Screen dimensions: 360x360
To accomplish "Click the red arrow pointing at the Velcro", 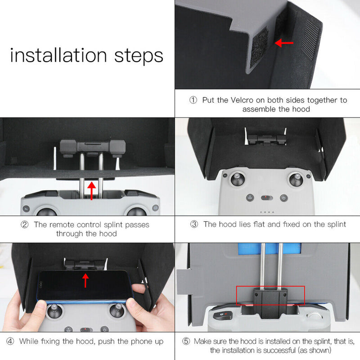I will pos(284,43).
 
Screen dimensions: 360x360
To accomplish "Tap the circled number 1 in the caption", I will pos(193,100).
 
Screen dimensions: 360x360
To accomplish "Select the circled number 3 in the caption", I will pos(193,224).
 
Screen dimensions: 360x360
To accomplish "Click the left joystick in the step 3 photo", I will pos(236,178).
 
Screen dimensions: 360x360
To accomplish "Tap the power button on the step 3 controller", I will pos(283,198).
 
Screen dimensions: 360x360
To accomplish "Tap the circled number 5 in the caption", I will pos(186,341).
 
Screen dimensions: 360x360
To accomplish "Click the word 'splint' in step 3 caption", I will pos(335,224).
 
